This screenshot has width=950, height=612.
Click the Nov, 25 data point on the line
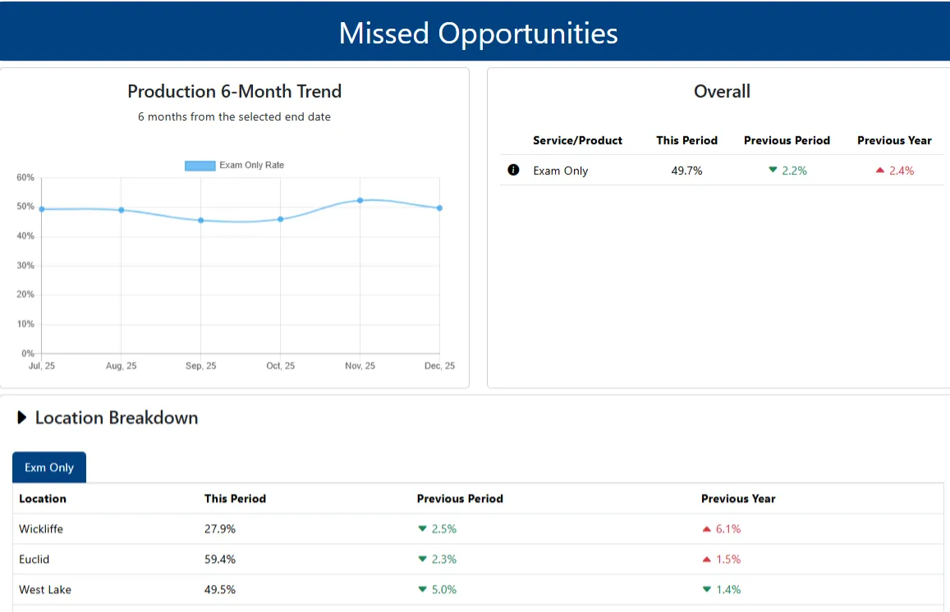point(360,200)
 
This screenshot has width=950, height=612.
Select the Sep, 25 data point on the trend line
point(200,220)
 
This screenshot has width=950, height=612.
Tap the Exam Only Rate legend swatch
point(200,166)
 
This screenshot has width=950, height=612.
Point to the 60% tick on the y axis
point(25,177)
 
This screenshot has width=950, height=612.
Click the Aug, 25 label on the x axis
point(122,366)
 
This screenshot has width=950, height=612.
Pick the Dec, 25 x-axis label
point(439,366)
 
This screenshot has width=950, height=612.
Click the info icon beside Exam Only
point(514,170)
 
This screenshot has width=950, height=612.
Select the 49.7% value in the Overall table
point(686,171)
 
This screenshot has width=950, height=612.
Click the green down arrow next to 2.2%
point(773,170)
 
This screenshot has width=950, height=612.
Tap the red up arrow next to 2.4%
point(880,171)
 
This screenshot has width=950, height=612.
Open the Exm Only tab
point(49,468)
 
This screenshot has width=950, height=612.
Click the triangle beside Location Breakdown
point(22,418)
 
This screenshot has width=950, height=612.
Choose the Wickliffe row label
point(41,529)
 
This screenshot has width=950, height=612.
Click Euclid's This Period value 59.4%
point(220,559)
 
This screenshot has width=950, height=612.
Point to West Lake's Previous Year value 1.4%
point(728,590)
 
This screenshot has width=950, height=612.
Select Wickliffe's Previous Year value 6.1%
point(728,529)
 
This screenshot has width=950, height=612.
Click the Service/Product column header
point(577,140)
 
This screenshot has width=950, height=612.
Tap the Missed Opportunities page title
point(478,33)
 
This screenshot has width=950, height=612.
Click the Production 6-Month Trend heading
point(234,91)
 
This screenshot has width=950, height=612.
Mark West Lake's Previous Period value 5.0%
point(444,590)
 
